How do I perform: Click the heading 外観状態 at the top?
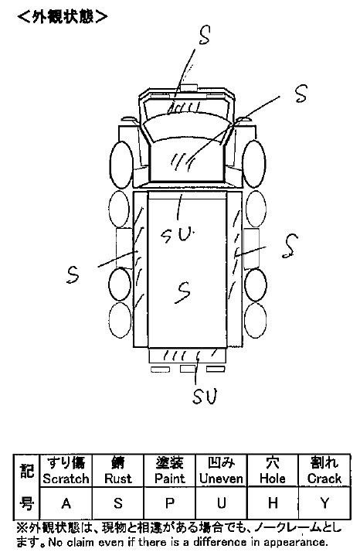click(63, 16)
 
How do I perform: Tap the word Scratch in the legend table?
click(66, 479)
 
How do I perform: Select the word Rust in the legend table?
click(118, 479)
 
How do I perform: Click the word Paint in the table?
click(170, 479)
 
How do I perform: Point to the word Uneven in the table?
click(221, 479)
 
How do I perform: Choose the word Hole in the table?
click(273, 479)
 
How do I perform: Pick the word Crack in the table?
click(324, 479)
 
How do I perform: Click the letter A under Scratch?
click(66, 503)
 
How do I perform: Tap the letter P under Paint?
click(170, 503)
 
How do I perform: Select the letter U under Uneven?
click(221, 503)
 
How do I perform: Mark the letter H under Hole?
click(273, 503)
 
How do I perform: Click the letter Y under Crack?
click(324, 503)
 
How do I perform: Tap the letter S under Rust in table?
click(118, 503)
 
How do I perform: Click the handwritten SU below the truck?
click(205, 397)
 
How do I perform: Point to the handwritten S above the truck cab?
click(205, 36)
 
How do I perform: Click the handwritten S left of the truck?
click(73, 274)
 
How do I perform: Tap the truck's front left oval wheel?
click(121, 165)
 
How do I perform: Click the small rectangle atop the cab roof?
click(188, 87)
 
